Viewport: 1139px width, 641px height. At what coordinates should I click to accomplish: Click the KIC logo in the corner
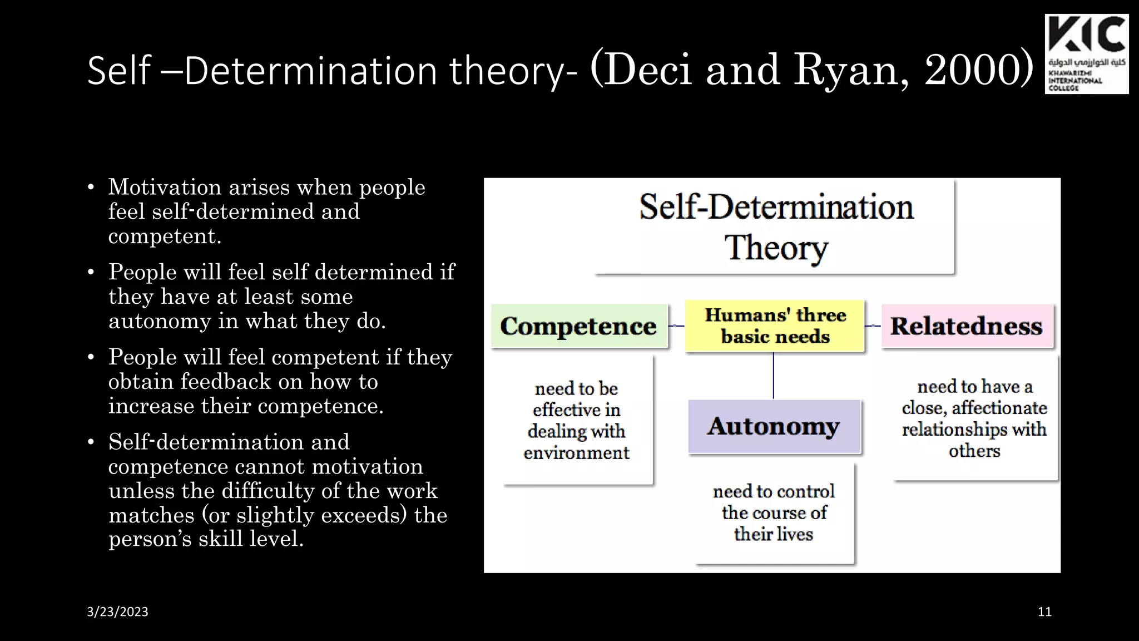tap(1086, 54)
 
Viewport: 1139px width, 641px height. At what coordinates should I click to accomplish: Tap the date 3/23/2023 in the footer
tap(117, 612)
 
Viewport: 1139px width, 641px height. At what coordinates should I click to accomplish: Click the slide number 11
tap(1044, 612)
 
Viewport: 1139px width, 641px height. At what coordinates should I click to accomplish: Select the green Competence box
tap(578, 326)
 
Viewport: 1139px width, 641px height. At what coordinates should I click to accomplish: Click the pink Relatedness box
tap(967, 326)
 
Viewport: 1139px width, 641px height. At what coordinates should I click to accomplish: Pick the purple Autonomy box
tap(774, 426)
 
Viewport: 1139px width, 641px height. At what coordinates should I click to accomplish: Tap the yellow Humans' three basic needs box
tap(775, 326)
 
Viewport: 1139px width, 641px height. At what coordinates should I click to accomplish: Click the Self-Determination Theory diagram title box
tap(775, 227)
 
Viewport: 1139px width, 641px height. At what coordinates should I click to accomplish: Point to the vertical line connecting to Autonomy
tap(773, 376)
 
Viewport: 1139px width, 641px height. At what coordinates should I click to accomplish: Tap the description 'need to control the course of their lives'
tap(774, 512)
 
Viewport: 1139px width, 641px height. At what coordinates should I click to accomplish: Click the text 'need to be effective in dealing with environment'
tap(576, 420)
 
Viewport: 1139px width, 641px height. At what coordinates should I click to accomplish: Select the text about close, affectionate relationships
tap(974, 418)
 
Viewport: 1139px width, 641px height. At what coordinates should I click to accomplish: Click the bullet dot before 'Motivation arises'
tap(91, 188)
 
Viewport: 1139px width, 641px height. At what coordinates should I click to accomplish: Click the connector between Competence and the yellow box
tap(676, 326)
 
